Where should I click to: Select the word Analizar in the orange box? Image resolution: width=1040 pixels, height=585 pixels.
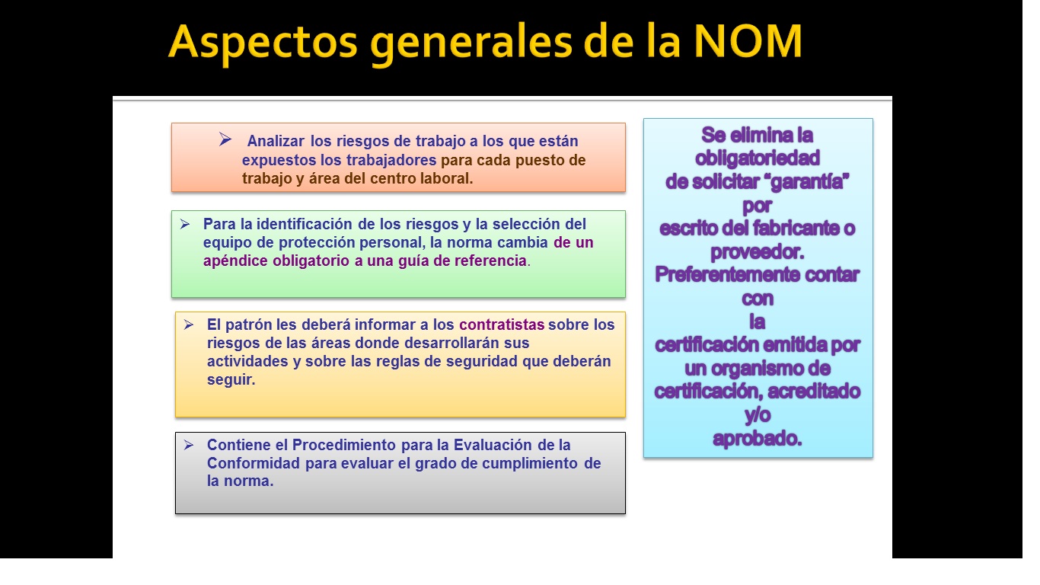pos(276,141)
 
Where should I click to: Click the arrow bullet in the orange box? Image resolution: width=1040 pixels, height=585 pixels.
pos(225,139)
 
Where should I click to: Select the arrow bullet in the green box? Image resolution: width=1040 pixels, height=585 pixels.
pos(184,224)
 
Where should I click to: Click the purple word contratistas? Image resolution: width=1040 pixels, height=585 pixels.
pos(502,324)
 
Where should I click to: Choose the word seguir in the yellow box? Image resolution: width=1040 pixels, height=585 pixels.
pos(230,380)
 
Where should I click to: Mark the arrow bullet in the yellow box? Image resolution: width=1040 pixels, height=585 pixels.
pos(188,324)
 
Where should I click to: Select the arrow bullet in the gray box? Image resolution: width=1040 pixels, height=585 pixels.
pos(188,444)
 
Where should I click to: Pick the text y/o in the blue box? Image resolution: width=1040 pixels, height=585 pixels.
pos(758,416)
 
